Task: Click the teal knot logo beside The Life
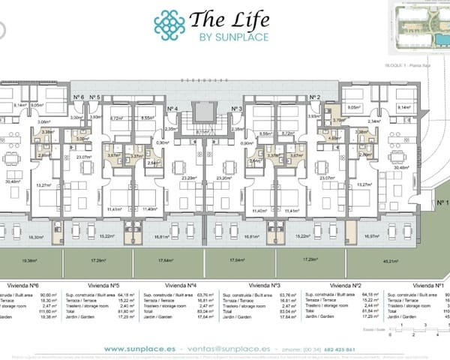(169, 25)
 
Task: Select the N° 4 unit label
(172, 109)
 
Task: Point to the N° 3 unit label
(236, 109)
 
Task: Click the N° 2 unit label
(316, 97)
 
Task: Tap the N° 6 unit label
(79, 97)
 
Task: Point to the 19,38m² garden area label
(29, 261)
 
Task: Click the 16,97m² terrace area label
(371, 235)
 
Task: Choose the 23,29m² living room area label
(189, 178)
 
